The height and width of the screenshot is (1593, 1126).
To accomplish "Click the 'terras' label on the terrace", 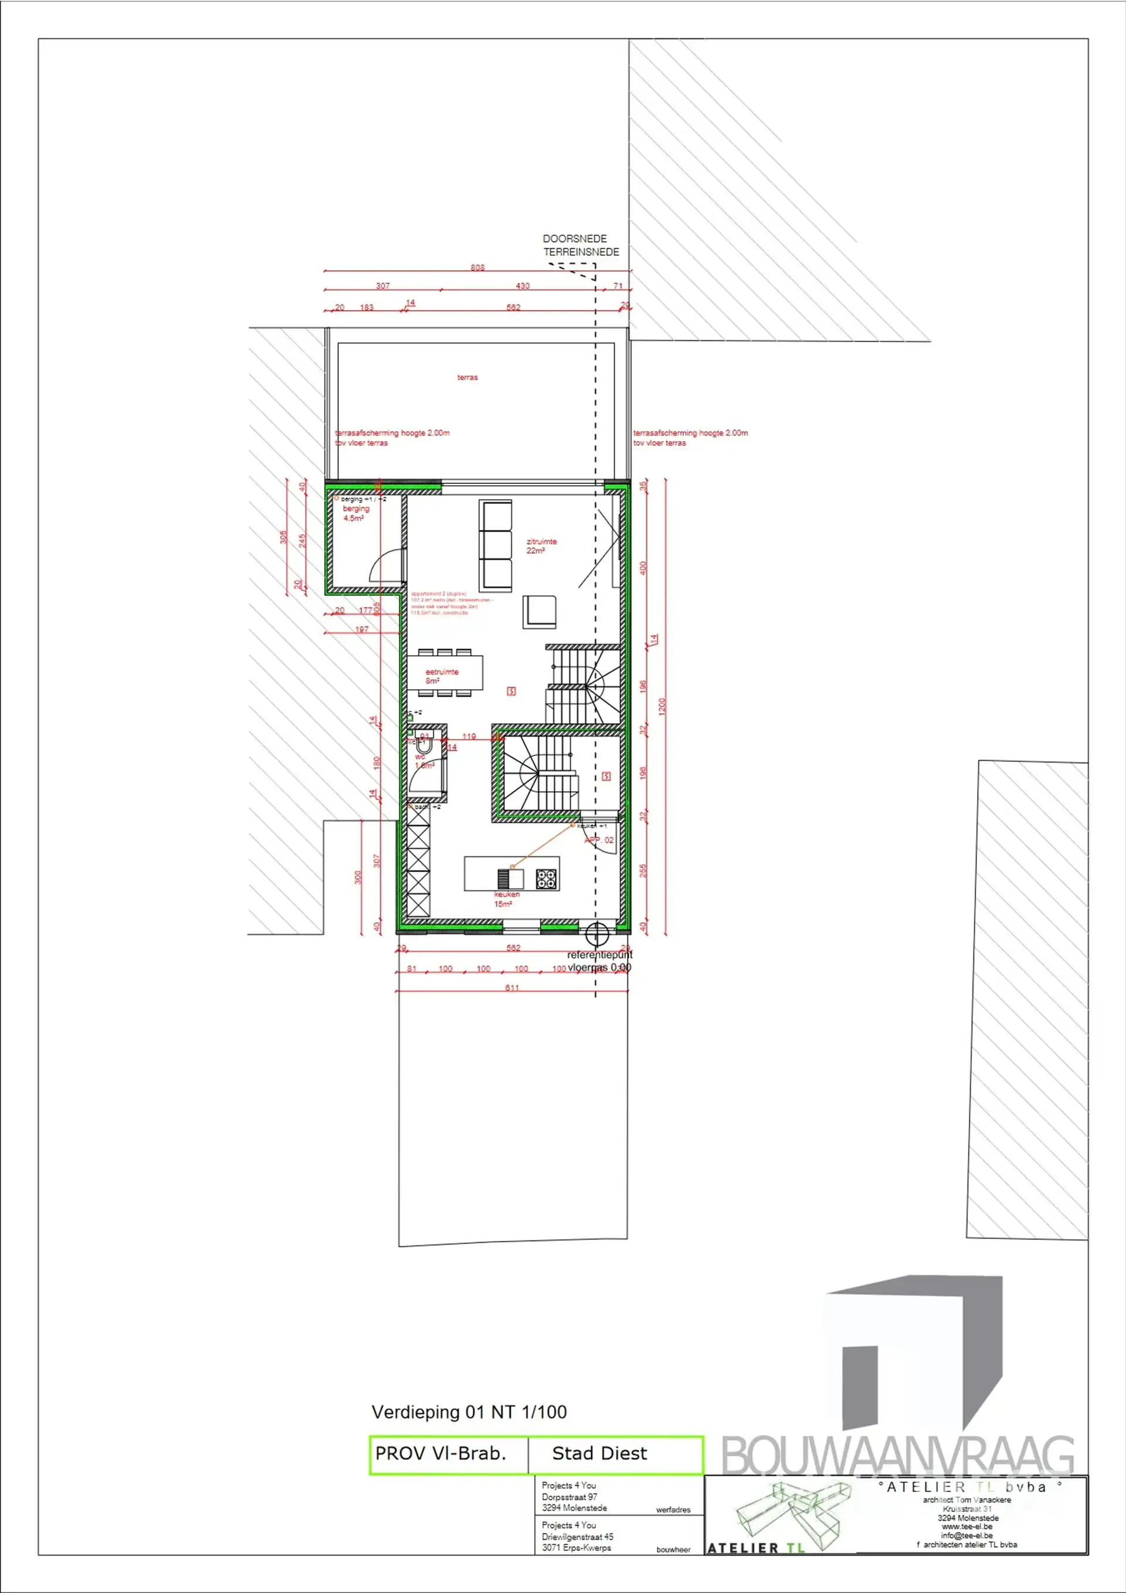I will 467,378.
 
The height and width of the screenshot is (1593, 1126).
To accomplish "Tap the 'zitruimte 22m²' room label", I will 541,545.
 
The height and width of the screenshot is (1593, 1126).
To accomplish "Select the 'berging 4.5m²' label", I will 355,513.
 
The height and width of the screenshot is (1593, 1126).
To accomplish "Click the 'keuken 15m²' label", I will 506,899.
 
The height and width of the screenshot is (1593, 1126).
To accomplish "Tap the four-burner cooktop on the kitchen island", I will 547,879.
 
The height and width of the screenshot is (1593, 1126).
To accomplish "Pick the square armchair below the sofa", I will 539,611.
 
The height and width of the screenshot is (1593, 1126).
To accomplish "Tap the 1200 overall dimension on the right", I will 662,706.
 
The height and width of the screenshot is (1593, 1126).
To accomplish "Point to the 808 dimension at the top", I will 477,267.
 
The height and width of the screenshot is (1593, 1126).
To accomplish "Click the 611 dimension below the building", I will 511,987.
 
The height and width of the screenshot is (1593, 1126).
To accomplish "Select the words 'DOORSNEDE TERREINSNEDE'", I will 580,246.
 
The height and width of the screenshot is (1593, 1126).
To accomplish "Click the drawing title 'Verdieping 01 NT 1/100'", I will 469,1412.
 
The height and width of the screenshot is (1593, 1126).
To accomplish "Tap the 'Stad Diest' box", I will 599,1453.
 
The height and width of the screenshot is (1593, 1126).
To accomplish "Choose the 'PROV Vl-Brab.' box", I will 440,1453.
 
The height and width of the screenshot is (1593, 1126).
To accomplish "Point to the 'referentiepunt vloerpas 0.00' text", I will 599,961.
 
